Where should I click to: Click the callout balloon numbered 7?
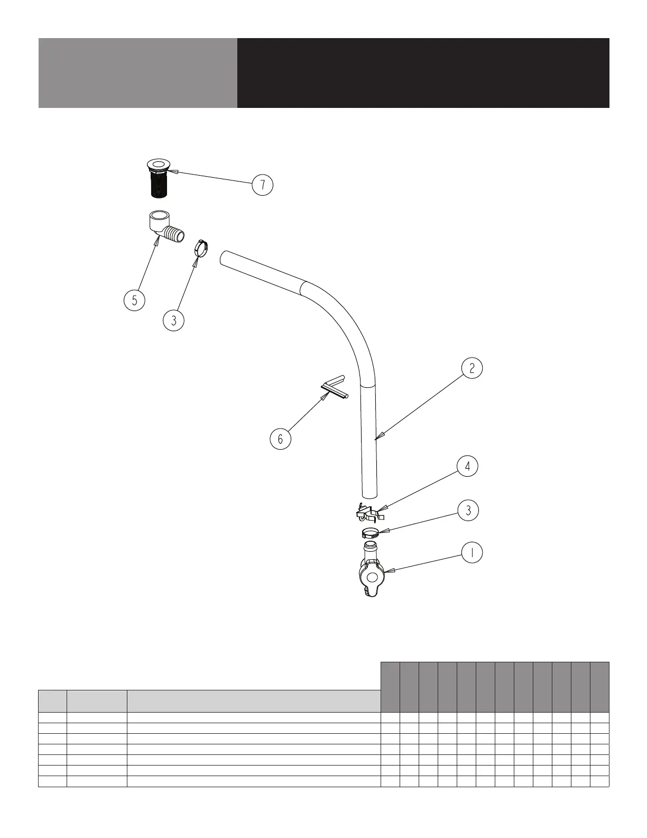pos(262,185)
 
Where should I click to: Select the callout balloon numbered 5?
pos(134,300)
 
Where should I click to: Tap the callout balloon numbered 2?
pos(472,368)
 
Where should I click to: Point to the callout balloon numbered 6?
pos(280,439)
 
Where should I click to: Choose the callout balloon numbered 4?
pos(467,467)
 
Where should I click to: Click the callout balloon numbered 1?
pos(472,553)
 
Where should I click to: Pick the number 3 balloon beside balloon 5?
pos(174,321)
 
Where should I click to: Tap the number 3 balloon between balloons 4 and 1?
pos(468,511)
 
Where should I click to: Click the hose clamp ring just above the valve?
pos(371,532)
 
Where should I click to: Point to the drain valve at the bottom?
pos(372,574)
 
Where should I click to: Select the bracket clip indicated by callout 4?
pos(369,512)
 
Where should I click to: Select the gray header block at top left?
pos(137,73)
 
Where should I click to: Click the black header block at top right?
pos(423,73)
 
